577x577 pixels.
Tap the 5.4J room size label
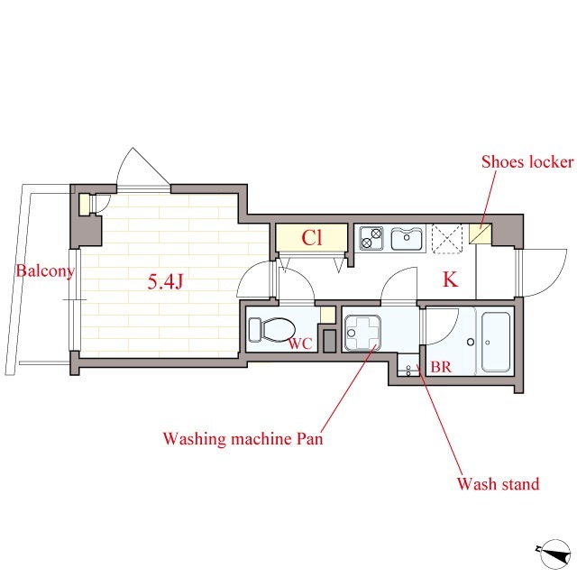pos(166,282)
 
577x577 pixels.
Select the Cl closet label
pos(312,239)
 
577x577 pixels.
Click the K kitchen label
pos(450,280)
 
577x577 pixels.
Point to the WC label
pos(299,343)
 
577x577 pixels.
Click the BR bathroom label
pos(440,368)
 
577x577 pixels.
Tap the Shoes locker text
pos(527,162)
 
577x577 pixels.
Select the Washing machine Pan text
pos(242,440)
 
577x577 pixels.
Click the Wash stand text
pos(498,484)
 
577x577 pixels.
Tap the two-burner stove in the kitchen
pos(371,239)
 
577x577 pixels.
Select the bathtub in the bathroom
pos(495,342)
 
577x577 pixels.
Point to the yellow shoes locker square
pos(479,236)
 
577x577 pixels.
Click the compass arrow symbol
pos(546,552)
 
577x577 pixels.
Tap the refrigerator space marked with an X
pos(446,238)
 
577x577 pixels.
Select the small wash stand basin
pos(409,370)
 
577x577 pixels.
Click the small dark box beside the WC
pos(329,342)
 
